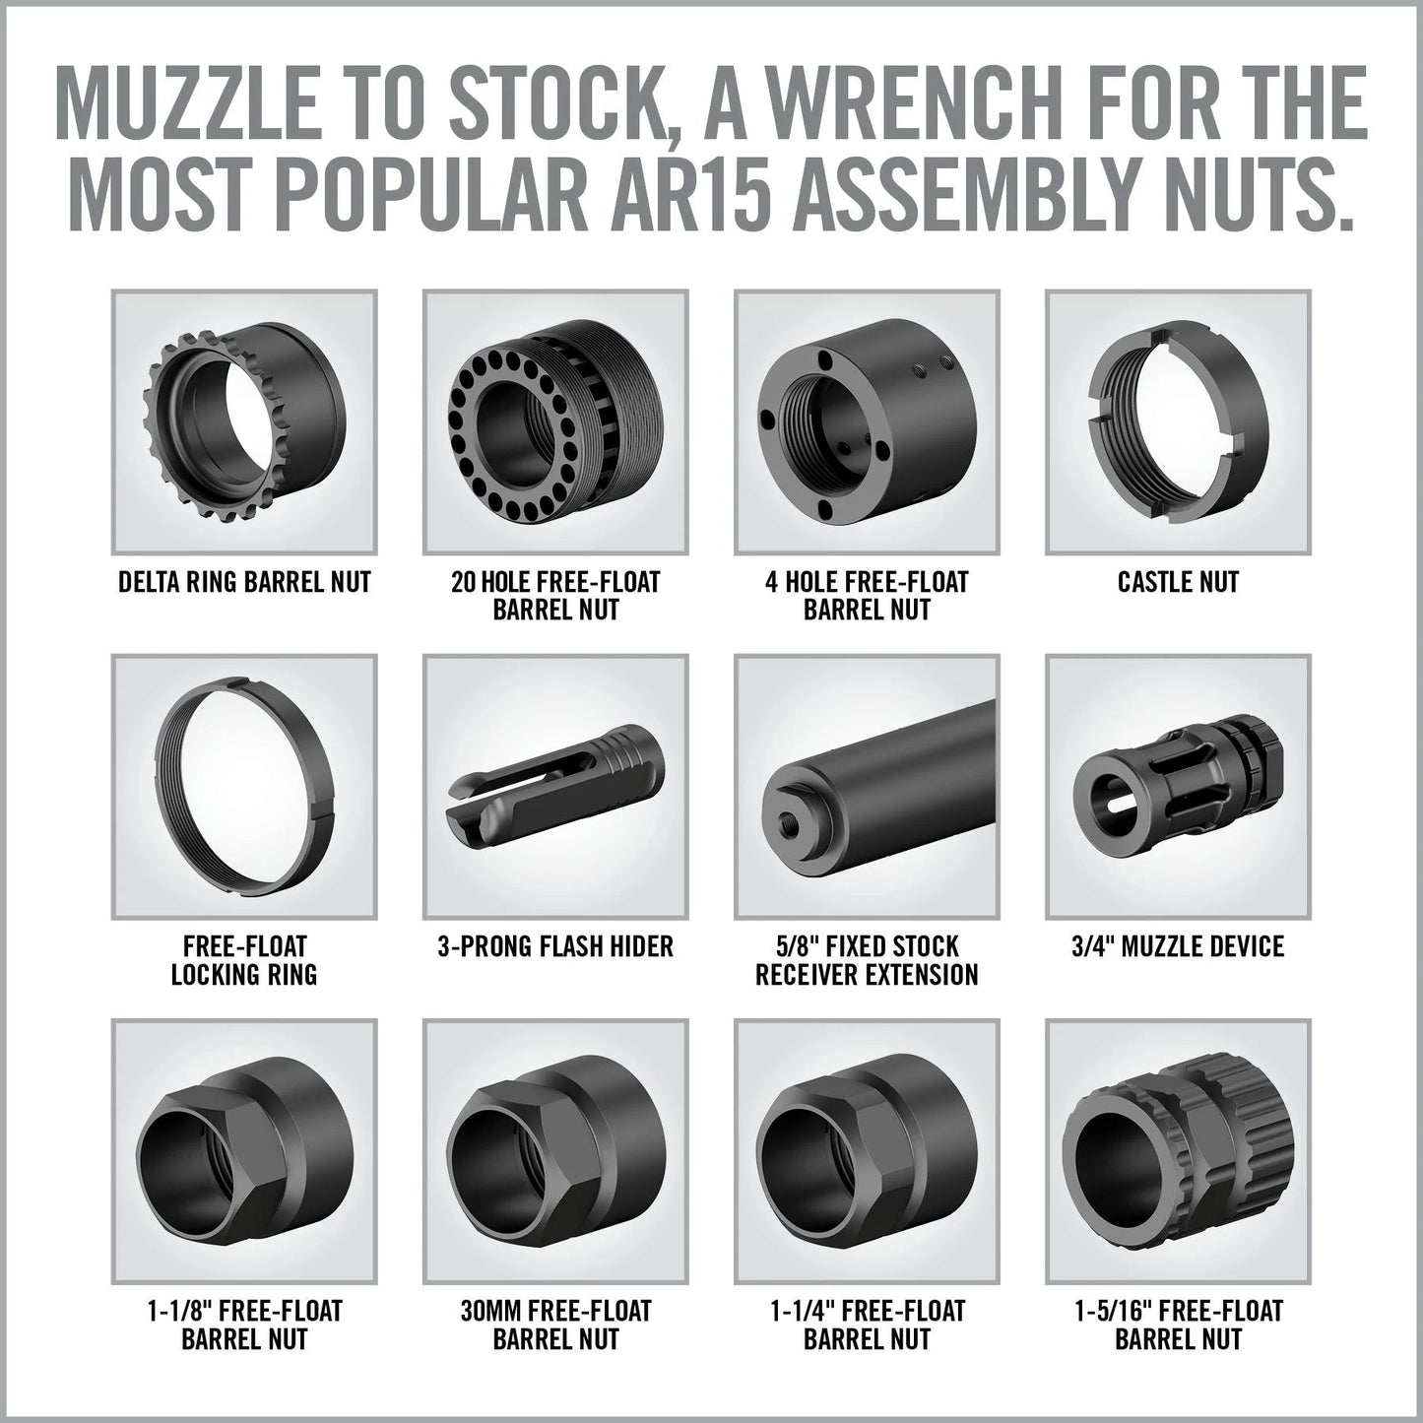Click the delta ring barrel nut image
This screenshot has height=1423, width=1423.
pyautogui.click(x=244, y=420)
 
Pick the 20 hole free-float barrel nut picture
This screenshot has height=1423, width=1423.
pyautogui.click(x=554, y=420)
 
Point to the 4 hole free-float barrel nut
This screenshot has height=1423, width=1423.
pyautogui.click(x=867, y=420)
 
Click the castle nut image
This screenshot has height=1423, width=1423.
pyautogui.click(x=1178, y=420)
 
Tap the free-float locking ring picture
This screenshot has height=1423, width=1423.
pyautogui.click(x=244, y=785)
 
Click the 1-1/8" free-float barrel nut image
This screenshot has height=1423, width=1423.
pyautogui.click(x=244, y=1149)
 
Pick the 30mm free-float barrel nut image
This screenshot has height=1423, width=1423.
pyautogui.click(x=554, y=1149)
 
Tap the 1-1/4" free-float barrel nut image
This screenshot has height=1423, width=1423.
pyautogui.click(x=867, y=1149)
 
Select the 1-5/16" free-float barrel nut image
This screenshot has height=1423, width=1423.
pyautogui.click(x=1178, y=1149)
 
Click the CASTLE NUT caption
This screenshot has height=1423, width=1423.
pyautogui.click(x=1178, y=582)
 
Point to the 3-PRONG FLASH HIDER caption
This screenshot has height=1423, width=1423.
pyautogui.click(x=555, y=947)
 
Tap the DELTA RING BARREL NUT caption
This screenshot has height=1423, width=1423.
pyautogui.click(x=244, y=582)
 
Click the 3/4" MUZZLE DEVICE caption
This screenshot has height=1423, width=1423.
pyautogui.click(x=1178, y=947)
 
